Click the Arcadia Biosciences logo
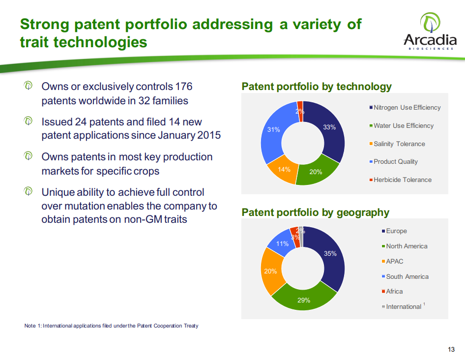430,31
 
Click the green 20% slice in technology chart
316,172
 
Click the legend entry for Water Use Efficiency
402,126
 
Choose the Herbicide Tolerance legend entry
400,180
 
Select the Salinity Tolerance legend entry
397,144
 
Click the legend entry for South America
405,276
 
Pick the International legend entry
404,306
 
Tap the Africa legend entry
392,292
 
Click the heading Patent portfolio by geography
315,212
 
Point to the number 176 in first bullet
183,87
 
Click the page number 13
451,349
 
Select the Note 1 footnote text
111,326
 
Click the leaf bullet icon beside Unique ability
28,191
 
